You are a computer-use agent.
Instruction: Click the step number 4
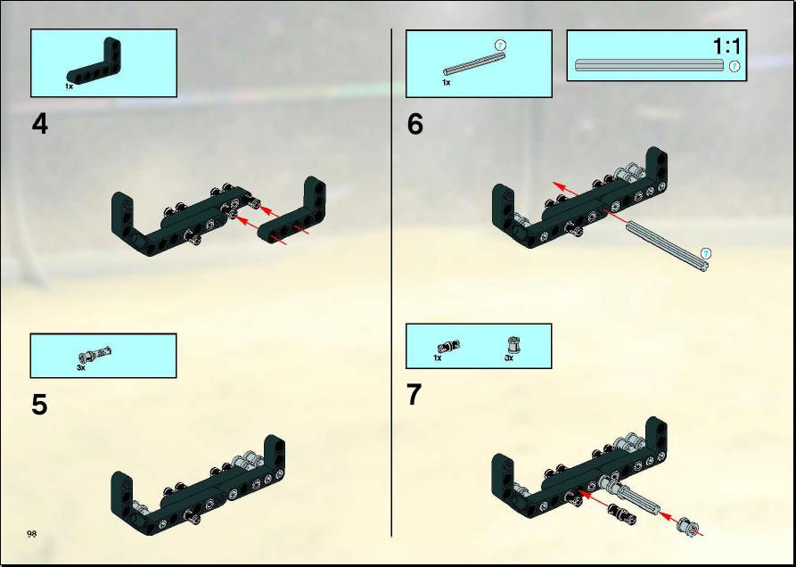pyautogui.click(x=39, y=124)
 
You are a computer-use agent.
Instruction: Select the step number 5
pyautogui.click(x=39, y=405)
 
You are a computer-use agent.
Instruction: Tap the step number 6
pyautogui.click(x=414, y=124)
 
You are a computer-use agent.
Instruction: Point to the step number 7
pyautogui.click(x=414, y=395)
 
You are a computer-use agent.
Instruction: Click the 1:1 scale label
pyautogui.click(x=726, y=46)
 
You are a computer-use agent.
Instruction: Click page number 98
pyautogui.click(x=31, y=533)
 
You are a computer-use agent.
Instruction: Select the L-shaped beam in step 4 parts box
pyautogui.click(x=94, y=61)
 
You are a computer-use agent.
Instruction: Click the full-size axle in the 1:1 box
pyautogui.click(x=649, y=65)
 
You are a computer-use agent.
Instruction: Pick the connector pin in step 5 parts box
pyautogui.click(x=95, y=353)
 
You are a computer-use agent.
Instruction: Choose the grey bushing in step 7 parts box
pyautogui.click(x=513, y=345)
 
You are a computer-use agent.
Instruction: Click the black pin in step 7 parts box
pyautogui.click(x=448, y=347)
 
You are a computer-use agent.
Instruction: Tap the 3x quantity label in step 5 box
pyautogui.click(x=81, y=367)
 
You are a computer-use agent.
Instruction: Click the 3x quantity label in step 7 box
pyautogui.click(x=509, y=357)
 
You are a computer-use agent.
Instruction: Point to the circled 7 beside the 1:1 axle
pyautogui.click(x=734, y=66)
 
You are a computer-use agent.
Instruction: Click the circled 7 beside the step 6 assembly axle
pyautogui.click(x=706, y=253)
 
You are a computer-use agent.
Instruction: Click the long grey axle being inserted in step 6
pyautogui.click(x=668, y=247)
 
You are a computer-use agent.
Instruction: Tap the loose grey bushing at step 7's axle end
pyautogui.click(x=687, y=526)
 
